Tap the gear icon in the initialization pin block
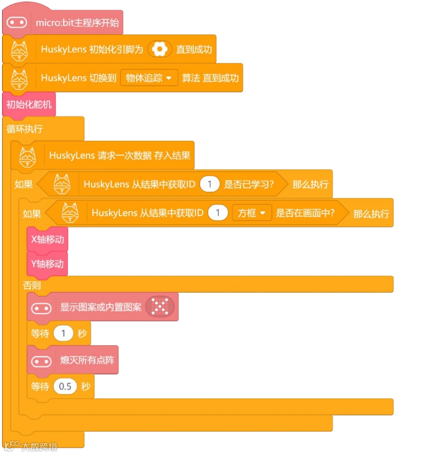pos(160,50)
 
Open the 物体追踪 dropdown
pos(148,78)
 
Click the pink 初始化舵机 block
pos(29,105)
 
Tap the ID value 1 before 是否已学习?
pos(209,184)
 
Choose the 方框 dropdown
pos(251,213)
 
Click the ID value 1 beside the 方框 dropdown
pos(217,213)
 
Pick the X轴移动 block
pos(47,239)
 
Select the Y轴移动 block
pos(47,264)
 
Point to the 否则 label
pos(32,285)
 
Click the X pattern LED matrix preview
pos(160,307)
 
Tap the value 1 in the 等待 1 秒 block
pos(63,334)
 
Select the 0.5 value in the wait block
pos(66,386)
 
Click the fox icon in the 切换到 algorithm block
pos(19,79)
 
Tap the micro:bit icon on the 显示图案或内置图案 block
pos(41,308)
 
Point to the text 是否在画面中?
pos(306,213)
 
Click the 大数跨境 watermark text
pos(39,447)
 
